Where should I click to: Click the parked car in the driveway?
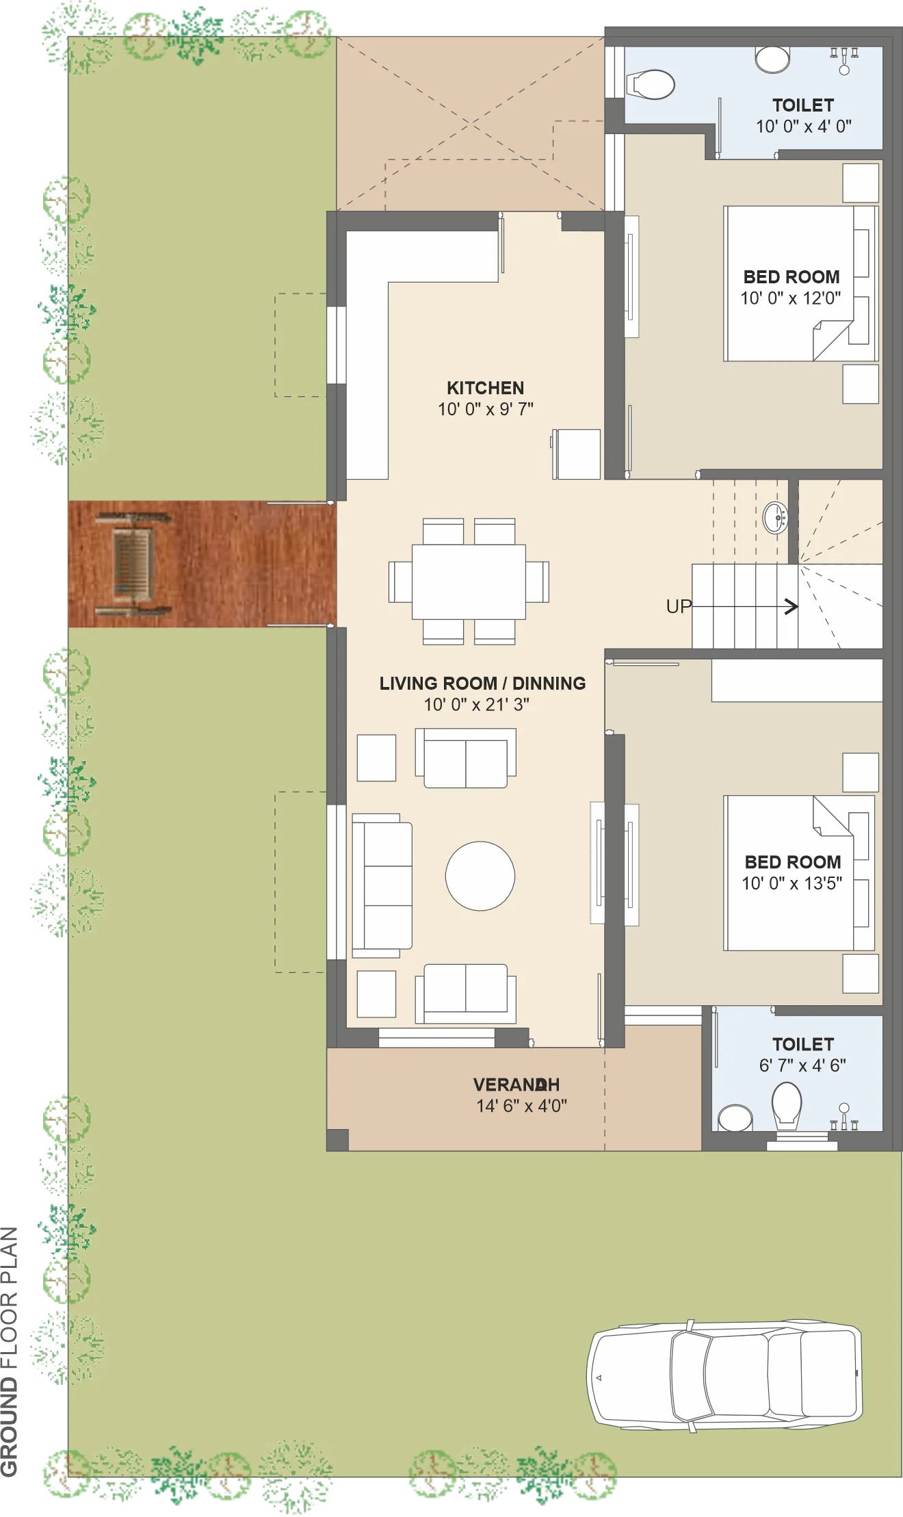point(724,1374)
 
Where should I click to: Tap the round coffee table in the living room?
point(480,876)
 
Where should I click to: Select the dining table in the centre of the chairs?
point(469,582)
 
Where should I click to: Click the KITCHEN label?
point(485,388)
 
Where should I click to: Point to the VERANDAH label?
point(516,1085)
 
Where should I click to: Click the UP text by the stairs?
point(679,606)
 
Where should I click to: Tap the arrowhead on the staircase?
point(791,606)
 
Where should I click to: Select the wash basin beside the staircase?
point(775,517)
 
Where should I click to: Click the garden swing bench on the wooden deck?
point(133,564)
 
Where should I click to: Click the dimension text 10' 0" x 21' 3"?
point(476,704)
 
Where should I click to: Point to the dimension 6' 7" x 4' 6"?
point(802,1065)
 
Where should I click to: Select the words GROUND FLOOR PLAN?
point(10,1352)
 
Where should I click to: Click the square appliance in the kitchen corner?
point(577,454)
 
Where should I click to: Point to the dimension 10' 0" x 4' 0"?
point(803,126)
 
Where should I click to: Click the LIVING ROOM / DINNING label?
point(482,683)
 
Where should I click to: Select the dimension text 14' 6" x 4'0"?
point(521,1106)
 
